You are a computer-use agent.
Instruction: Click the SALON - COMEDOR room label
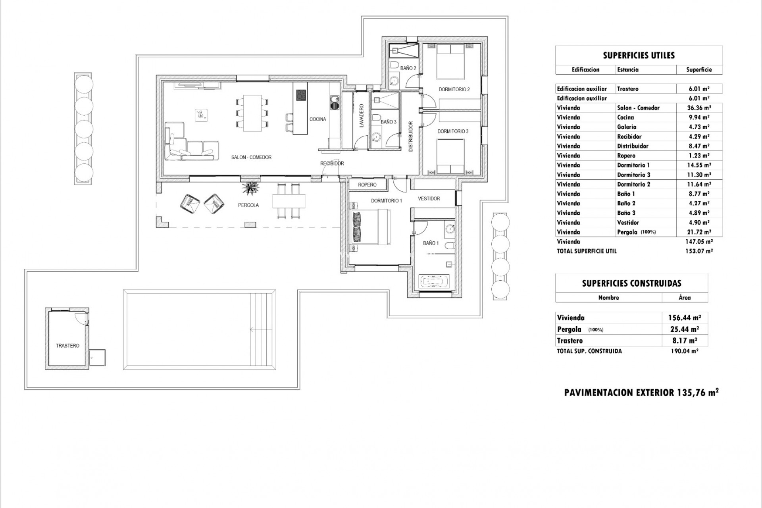251,158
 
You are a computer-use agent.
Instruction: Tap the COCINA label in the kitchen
318,119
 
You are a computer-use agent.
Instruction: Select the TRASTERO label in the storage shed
67,346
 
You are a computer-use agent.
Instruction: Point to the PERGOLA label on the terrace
248,205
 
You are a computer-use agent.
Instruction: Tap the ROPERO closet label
367,185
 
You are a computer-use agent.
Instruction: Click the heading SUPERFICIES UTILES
639,56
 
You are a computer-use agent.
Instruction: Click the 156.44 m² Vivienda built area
685,317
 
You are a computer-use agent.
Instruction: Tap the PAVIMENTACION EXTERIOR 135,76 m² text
641,393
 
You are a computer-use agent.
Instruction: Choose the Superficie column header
699,70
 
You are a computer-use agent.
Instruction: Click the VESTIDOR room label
429,198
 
